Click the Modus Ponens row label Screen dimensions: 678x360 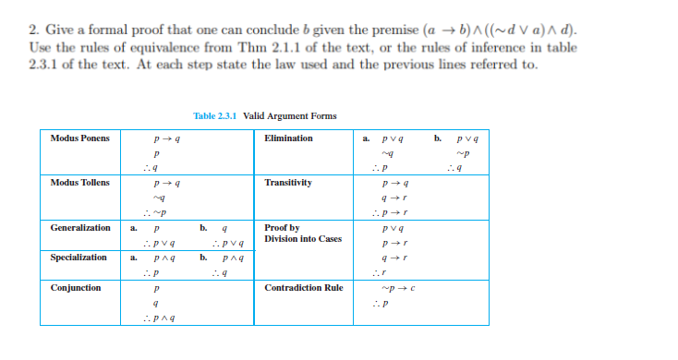(x=79, y=138)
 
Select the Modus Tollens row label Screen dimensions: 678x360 (x=80, y=183)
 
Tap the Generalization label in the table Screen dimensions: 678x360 (x=80, y=227)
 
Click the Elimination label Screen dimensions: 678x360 (x=288, y=138)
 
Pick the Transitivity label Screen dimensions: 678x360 (x=287, y=183)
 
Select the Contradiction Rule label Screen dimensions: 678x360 (x=303, y=288)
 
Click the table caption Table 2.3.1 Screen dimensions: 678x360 (x=265, y=116)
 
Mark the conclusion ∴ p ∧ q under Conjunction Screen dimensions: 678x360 (x=163, y=318)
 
